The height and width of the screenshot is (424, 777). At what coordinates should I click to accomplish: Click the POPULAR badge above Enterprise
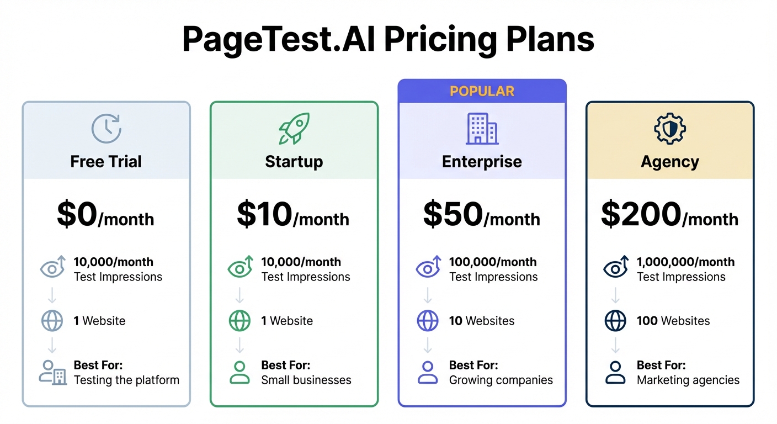click(482, 91)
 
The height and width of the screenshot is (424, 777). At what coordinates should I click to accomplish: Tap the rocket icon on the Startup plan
click(294, 129)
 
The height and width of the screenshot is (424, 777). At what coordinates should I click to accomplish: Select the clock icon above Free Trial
click(106, 129)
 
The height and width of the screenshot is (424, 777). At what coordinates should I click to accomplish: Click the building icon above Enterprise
click(482, 129)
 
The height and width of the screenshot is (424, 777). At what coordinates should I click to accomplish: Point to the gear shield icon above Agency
click(669, 129)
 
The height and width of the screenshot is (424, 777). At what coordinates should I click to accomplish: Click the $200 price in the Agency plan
click(641, 215)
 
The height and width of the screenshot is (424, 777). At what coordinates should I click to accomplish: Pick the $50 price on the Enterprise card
click(453, 215)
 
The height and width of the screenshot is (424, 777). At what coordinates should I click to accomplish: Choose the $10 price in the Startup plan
click(264, 215)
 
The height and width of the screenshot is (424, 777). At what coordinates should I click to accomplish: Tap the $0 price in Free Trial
click(77, 215)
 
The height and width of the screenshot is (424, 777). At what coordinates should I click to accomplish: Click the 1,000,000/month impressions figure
click(685, 262)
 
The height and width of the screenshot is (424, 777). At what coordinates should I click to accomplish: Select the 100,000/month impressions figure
click(492, 262)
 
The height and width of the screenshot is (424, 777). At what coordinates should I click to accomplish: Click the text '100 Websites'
click(673, 321)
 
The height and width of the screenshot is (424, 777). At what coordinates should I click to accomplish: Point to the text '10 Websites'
click(482, 321)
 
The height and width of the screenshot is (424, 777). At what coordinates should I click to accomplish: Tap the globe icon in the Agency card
click(615, 321)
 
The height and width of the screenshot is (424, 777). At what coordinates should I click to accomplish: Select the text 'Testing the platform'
click(126, 380)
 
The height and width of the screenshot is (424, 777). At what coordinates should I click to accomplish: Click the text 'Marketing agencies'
click(688, 380)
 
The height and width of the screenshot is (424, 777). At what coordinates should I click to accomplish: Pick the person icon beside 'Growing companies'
click(428, 373)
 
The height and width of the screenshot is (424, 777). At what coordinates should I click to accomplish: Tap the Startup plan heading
click(294, 162)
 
